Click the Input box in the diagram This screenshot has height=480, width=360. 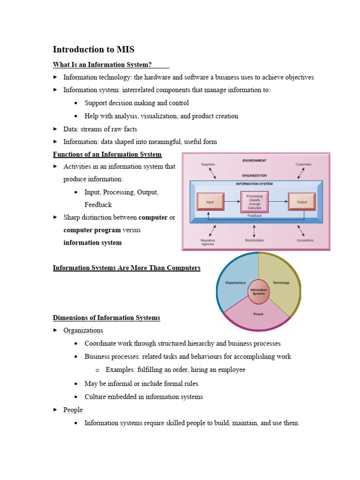click(x=210, y=202)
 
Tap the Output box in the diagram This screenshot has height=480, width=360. click(x=301, y=202)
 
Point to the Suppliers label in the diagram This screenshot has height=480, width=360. click(x=208, y=165)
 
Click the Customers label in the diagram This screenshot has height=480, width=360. click(x=303, y=165)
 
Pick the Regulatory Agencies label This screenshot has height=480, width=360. click(x=208, y=242)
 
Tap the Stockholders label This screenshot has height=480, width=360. click(x=255, y=240)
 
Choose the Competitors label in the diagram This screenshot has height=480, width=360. click(x=305, y=240)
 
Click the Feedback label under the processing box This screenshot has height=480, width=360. click(x=255, y=216)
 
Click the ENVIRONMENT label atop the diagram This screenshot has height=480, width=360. click(x=255, y=160)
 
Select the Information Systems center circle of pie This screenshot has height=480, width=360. click(x=258, y=292)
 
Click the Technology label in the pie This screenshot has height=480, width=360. click(x=281, y=283)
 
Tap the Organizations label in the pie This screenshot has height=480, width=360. click(x=235, y=283)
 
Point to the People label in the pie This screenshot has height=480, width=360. click(x=258, y=314)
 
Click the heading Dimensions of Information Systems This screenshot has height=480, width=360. click(x=106, y=318)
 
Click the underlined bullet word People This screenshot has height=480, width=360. click(x=73, y=410)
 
